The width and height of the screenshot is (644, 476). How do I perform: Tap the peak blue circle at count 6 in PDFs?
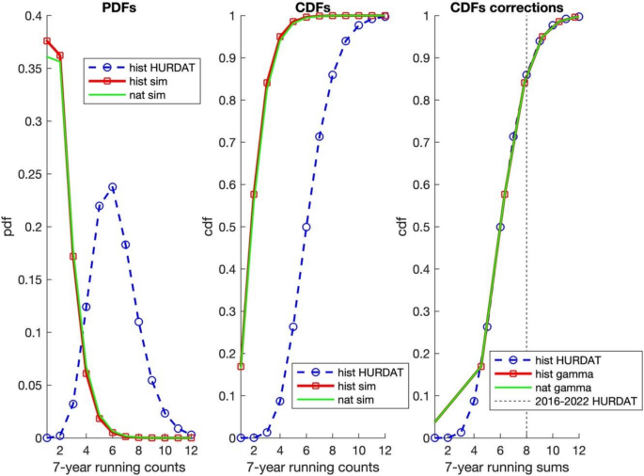coord(112,187)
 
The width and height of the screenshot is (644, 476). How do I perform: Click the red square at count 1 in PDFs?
coord(47,41)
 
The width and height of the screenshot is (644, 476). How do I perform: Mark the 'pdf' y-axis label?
coord(8,227)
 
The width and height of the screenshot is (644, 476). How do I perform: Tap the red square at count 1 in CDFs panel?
coord(241,366)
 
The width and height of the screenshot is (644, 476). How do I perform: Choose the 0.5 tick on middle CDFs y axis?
coord(225,227)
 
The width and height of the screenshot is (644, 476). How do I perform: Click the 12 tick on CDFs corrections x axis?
coord(579,451)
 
